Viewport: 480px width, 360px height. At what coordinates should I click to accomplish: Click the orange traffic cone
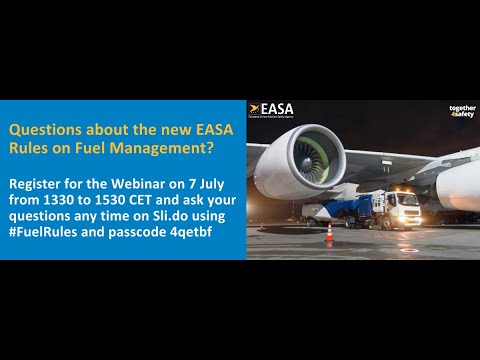coord(329,233)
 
